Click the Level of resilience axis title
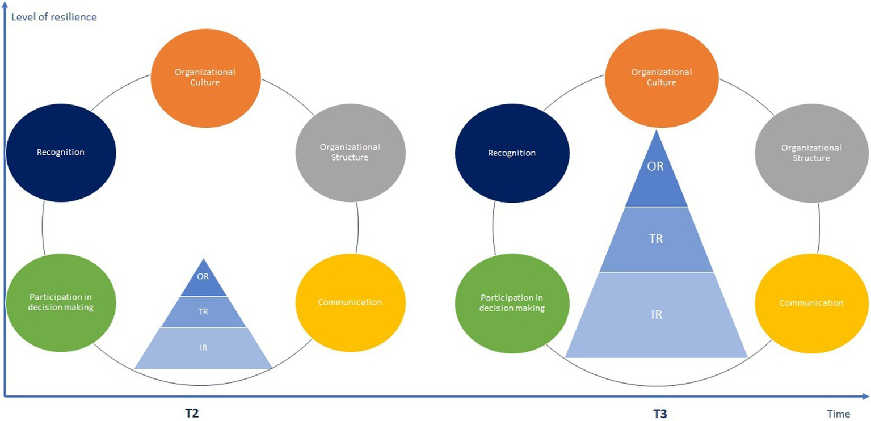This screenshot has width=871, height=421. pyautogui.click(x=54, y=17)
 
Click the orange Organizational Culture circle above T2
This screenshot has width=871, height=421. pyautogui.click(x=205, y=77)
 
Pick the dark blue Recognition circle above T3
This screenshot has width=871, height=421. pyautogui.click(x=512, y=153)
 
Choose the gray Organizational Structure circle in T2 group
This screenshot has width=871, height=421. pyautogui.click(x=350, y=153)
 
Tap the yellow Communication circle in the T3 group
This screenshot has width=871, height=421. pyautogui.click(x=811, y=303)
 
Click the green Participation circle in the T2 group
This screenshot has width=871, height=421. pyautogui.click(x=61, y=303)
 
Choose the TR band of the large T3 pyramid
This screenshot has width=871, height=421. pyautogui.click(x=657, y=239)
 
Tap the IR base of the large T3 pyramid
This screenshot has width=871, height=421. pyautogui.click(x=657, y=314)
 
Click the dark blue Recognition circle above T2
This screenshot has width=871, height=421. pyautogui.click(x=61, y=153)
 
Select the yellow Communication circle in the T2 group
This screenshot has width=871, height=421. pyautogui.click(x=350, y=302)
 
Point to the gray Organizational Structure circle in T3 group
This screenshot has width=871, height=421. pyautogui.click(x=811, y=153)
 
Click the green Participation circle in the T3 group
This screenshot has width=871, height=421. pyautogui.click(x=512, y=303)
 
